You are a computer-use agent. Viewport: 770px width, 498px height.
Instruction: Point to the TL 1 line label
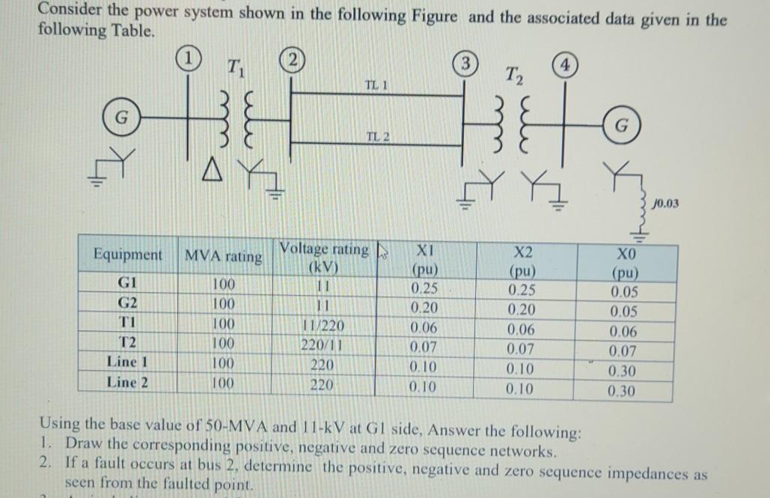(x=375, y=85)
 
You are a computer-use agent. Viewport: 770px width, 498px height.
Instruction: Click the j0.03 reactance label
(x=664, y=202)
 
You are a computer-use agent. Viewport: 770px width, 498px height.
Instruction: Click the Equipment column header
(x=127, y=254)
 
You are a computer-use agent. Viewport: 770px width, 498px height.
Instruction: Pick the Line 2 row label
(x=123, y=382)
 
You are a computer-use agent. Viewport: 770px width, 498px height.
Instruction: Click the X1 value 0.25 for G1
(x=425, y=288)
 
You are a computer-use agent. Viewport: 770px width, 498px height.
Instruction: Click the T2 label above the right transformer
(x=515, y=75)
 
